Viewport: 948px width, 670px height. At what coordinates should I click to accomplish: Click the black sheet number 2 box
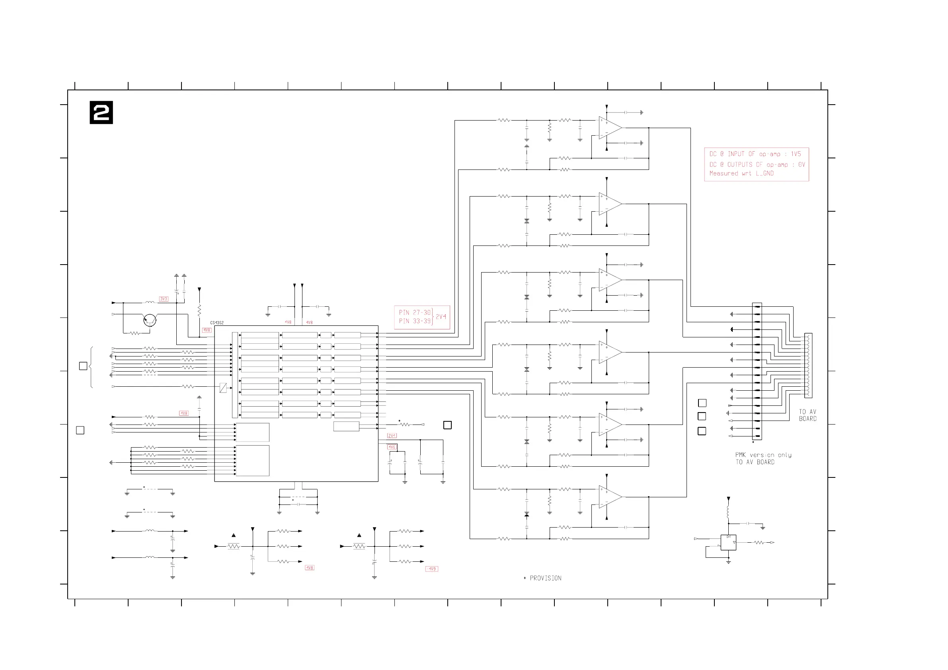[x=101, y=113]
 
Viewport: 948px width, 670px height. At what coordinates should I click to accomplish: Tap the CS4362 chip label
[x=217, y=323]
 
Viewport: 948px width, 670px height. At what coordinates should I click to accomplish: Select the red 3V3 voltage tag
[x=164, y=299]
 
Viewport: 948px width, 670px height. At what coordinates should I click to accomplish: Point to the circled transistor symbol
[x=150, y=320]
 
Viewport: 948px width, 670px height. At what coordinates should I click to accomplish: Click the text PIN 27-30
[x=415, y=312]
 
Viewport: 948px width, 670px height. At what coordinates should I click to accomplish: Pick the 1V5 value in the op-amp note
[x=796, y=154]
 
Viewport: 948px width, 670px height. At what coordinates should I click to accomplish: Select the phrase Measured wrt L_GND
[x=741, y=173]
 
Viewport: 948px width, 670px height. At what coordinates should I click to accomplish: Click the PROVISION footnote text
[x=545, y=578]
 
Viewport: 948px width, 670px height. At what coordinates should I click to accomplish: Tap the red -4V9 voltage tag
[x=431, y=569]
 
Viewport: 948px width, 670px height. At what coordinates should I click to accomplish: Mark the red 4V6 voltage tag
[x=392, y=447]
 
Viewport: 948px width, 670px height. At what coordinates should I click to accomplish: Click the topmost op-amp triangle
[x=610, y=128]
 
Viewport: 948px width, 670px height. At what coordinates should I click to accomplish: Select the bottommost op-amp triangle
[x=610, y=497]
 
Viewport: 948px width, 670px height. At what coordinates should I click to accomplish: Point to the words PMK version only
[x=763, y=455]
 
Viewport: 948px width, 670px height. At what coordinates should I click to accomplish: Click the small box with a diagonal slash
[x=223, y=388]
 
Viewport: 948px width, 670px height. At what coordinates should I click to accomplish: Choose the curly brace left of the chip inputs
[x=91, y=367]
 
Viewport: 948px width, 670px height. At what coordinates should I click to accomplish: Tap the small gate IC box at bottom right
[x=728, y=542]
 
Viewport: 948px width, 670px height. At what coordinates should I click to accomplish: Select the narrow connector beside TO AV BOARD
[x=808, y=365]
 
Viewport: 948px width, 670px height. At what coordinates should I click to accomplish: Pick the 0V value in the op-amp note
[x=802, y=164]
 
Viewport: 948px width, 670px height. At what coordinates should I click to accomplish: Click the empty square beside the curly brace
[x=83, y=366]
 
